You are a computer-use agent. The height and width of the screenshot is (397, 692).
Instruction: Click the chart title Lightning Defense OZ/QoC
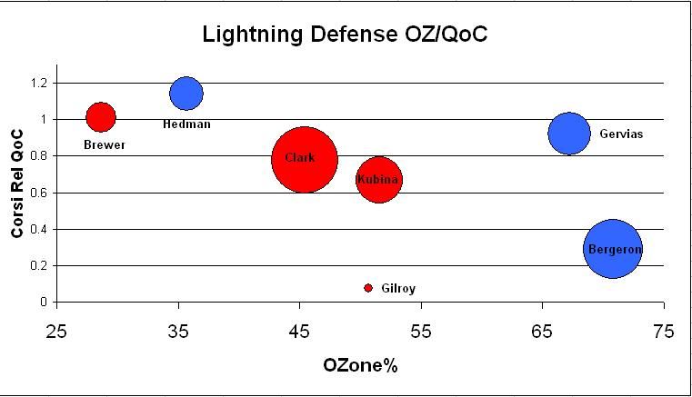point(346,35)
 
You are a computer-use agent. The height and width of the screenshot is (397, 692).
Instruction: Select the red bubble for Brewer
point(101,117)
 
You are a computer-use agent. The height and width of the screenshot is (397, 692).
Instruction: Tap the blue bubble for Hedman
point(186,93)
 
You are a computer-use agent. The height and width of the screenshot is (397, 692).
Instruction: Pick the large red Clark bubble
point(305,159)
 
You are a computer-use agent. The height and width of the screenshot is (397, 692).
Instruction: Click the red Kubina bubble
point(378,180)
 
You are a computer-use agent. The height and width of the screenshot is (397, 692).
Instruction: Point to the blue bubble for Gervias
point(569,134)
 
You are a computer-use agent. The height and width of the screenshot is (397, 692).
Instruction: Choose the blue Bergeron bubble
point(613,248)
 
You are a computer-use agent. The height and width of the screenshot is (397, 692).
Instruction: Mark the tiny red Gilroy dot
point(368,288)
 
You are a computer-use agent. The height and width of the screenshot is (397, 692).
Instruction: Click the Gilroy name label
point(398,289)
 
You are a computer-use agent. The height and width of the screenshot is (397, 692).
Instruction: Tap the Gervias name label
point(621,134)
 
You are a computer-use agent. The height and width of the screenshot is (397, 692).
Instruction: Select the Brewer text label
point(105,144)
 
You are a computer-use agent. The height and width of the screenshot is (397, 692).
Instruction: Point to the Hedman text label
point(186,124)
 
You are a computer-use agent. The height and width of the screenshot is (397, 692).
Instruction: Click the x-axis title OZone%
point(360,366)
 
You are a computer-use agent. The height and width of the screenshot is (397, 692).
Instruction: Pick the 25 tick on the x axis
point(57,331)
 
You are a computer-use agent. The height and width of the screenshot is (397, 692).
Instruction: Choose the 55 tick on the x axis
point(421,331)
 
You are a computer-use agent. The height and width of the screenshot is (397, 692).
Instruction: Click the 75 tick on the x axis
point(664,331)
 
